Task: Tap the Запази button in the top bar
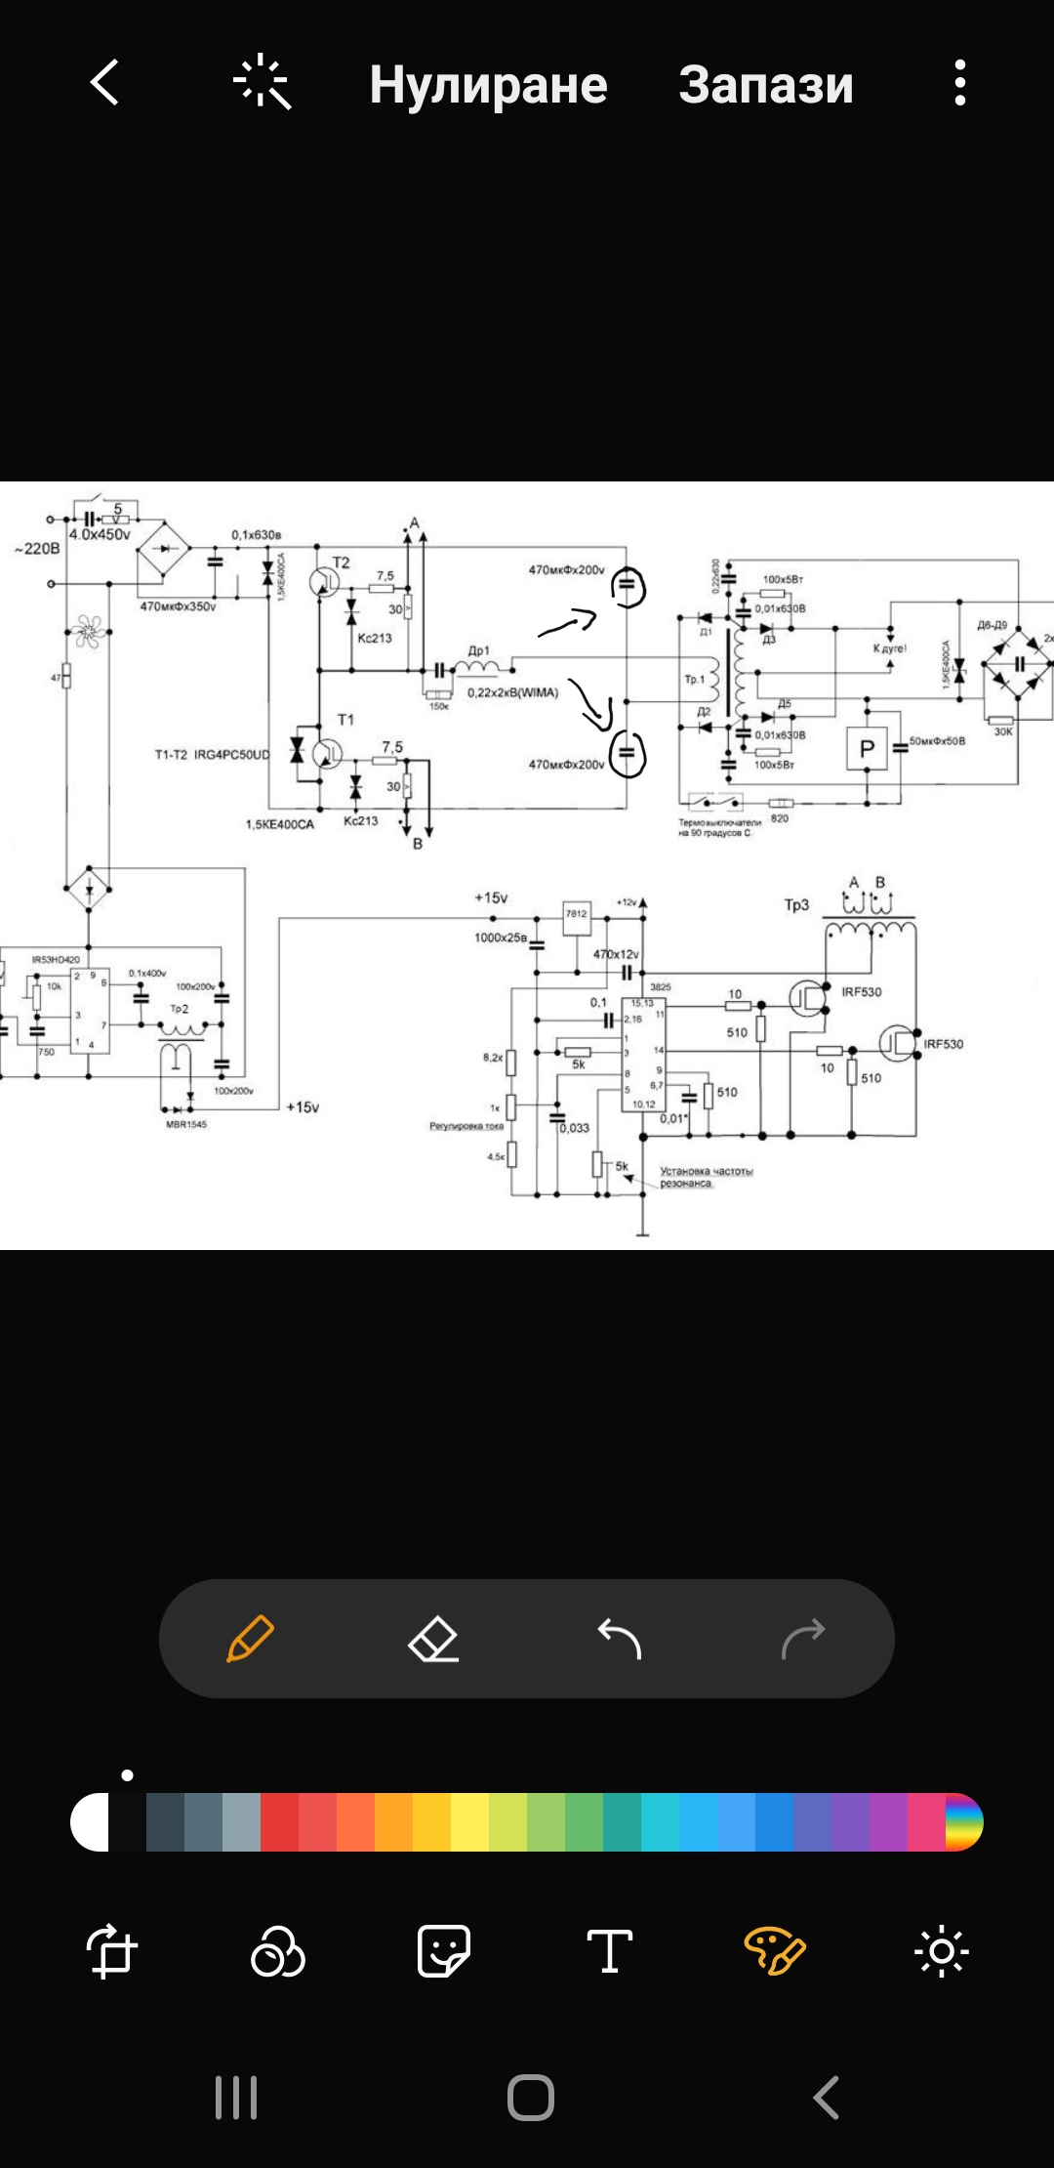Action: click(x=765, y=84)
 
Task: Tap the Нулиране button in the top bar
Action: click(x=488, y=84)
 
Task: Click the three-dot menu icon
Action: click(x=960, y=82)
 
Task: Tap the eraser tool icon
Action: click(x=433, y=1639)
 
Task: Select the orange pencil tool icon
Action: click(x=250, y=1639)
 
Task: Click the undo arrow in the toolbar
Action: click(x=619, y=1639)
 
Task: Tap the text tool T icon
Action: click(x=610, y=1951)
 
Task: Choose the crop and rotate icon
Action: click(x=111, y=1951)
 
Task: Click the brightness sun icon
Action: click(x=941, y=1951)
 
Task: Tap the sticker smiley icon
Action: click(x=444, y=1951)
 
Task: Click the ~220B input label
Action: click(x=37, y=549)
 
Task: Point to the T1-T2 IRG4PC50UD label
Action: click(x=212, y=755)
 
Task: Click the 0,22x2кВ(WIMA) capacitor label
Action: click(x=512, y=692)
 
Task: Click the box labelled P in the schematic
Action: click(x=867, y=750)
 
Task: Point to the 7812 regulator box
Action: click(x=577, y=913)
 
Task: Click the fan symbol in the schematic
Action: click(x=88, y=631)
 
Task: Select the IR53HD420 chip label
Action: click(x=56, y=960)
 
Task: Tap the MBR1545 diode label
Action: click(x=186, y=1124)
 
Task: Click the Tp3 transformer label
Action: click(x=796, y=905)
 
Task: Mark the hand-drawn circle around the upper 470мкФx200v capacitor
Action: click(x=628, y=587)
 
